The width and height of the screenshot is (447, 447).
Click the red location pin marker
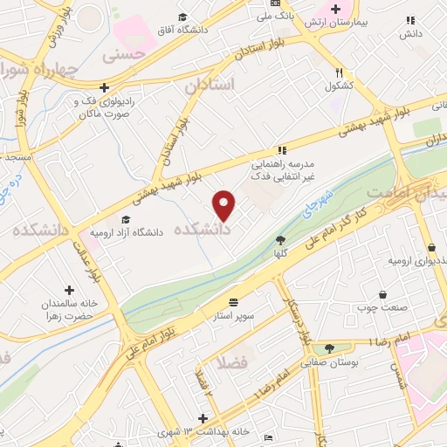tap(224, 205)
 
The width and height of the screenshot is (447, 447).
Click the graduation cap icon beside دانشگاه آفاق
tap(182, 17)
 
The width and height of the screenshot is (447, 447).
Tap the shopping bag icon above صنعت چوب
tap(383, 294)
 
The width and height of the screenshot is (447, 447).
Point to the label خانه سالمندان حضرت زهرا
tap(69, 306)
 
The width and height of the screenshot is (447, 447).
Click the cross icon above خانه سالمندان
tap(70, 289)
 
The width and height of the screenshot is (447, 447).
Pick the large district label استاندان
tap(210, 85)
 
